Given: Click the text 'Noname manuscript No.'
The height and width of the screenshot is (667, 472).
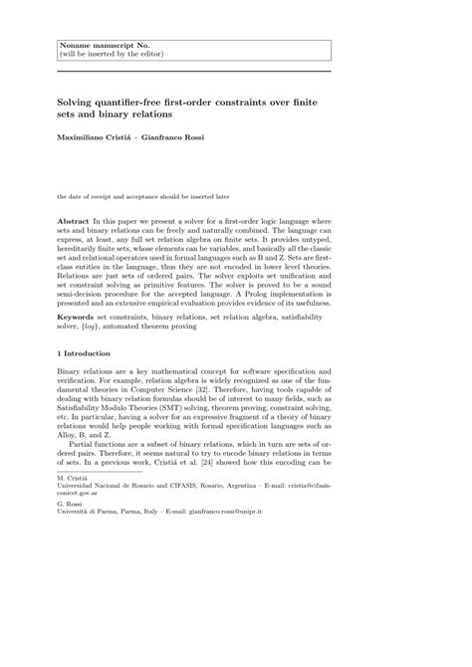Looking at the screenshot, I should point(98,44).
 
